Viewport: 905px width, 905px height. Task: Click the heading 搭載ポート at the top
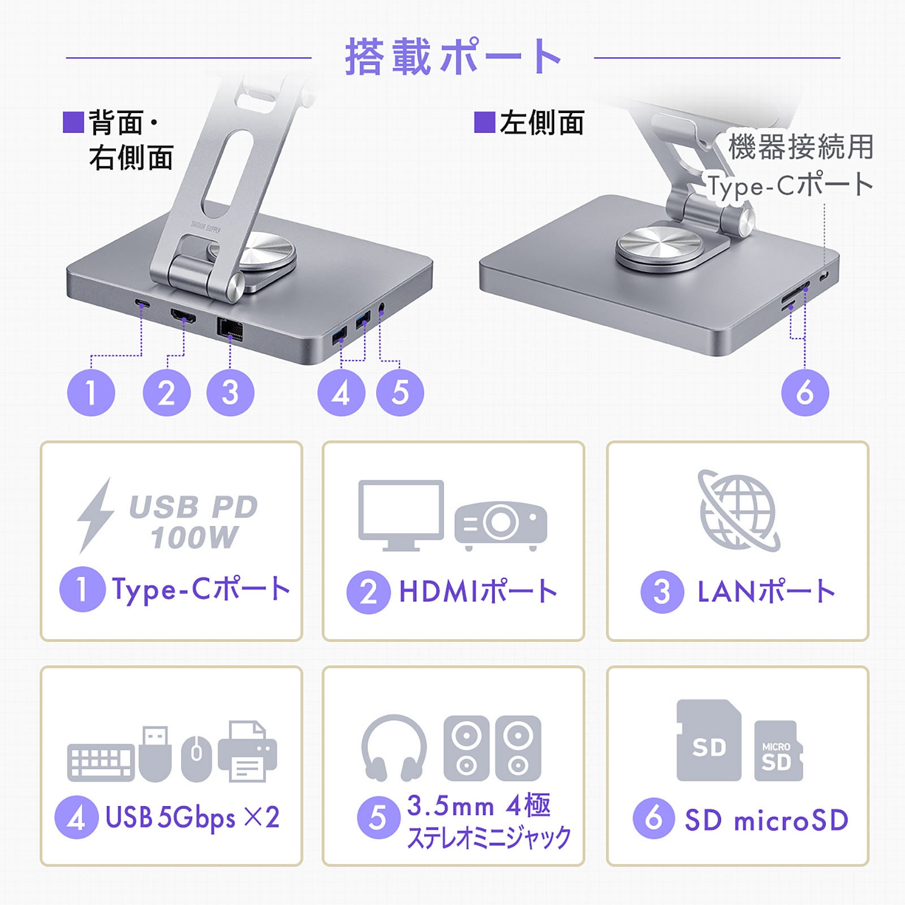tap(453, 57)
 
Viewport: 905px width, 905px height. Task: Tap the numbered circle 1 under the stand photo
tap(91, 393)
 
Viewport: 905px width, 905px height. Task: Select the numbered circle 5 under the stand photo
tap(400, 393)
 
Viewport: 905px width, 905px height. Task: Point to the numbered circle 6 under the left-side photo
tap(805, 393)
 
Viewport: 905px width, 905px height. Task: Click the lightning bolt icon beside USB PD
tap(94, 515)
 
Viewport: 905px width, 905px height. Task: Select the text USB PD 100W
tap(193, 522)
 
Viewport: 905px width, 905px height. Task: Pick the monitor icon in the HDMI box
tap(401, 515)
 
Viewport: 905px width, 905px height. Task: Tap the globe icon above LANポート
tap(738, 510)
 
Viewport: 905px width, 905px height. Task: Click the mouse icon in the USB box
tap(196, 759)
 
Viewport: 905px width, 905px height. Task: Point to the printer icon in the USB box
tap(247, 751)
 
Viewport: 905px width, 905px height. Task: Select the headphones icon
tap(394, 748)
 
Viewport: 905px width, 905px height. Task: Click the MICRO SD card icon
tap(778, 751)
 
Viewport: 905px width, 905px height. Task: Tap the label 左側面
tap(541, 123)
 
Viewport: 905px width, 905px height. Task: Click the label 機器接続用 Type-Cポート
tap(791, 165)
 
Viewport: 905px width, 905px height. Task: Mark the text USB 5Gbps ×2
tap(192, 817)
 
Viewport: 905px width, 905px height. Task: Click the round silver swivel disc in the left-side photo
tap(659, 247)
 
